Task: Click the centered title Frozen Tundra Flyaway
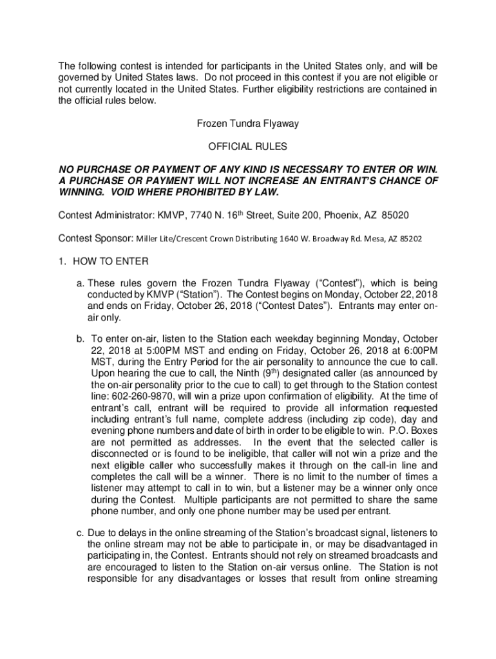pyautogui.click(x=247, y=122)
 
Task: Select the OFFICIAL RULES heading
pyautogui.click(x=247, y=147)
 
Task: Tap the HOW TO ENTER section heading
pyautogui.click(x=111, y=262)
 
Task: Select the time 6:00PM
pyautogui.click(x=417, y=350)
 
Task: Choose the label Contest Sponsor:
pyautogui.click(x=95, y=238)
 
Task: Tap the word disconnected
pyautogui.click(x=116, y=454)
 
